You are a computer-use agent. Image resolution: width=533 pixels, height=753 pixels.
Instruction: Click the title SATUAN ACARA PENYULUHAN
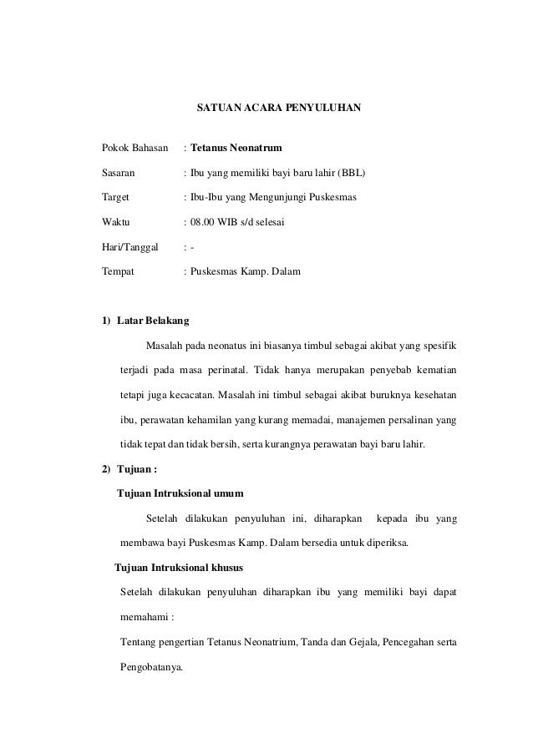pos(278,109)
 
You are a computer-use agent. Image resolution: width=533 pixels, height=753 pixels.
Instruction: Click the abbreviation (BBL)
pos(352,173)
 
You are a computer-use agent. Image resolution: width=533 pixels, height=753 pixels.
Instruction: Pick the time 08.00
pos(202,223)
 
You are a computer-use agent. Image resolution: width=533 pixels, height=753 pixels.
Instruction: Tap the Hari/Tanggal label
pos(129,247)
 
